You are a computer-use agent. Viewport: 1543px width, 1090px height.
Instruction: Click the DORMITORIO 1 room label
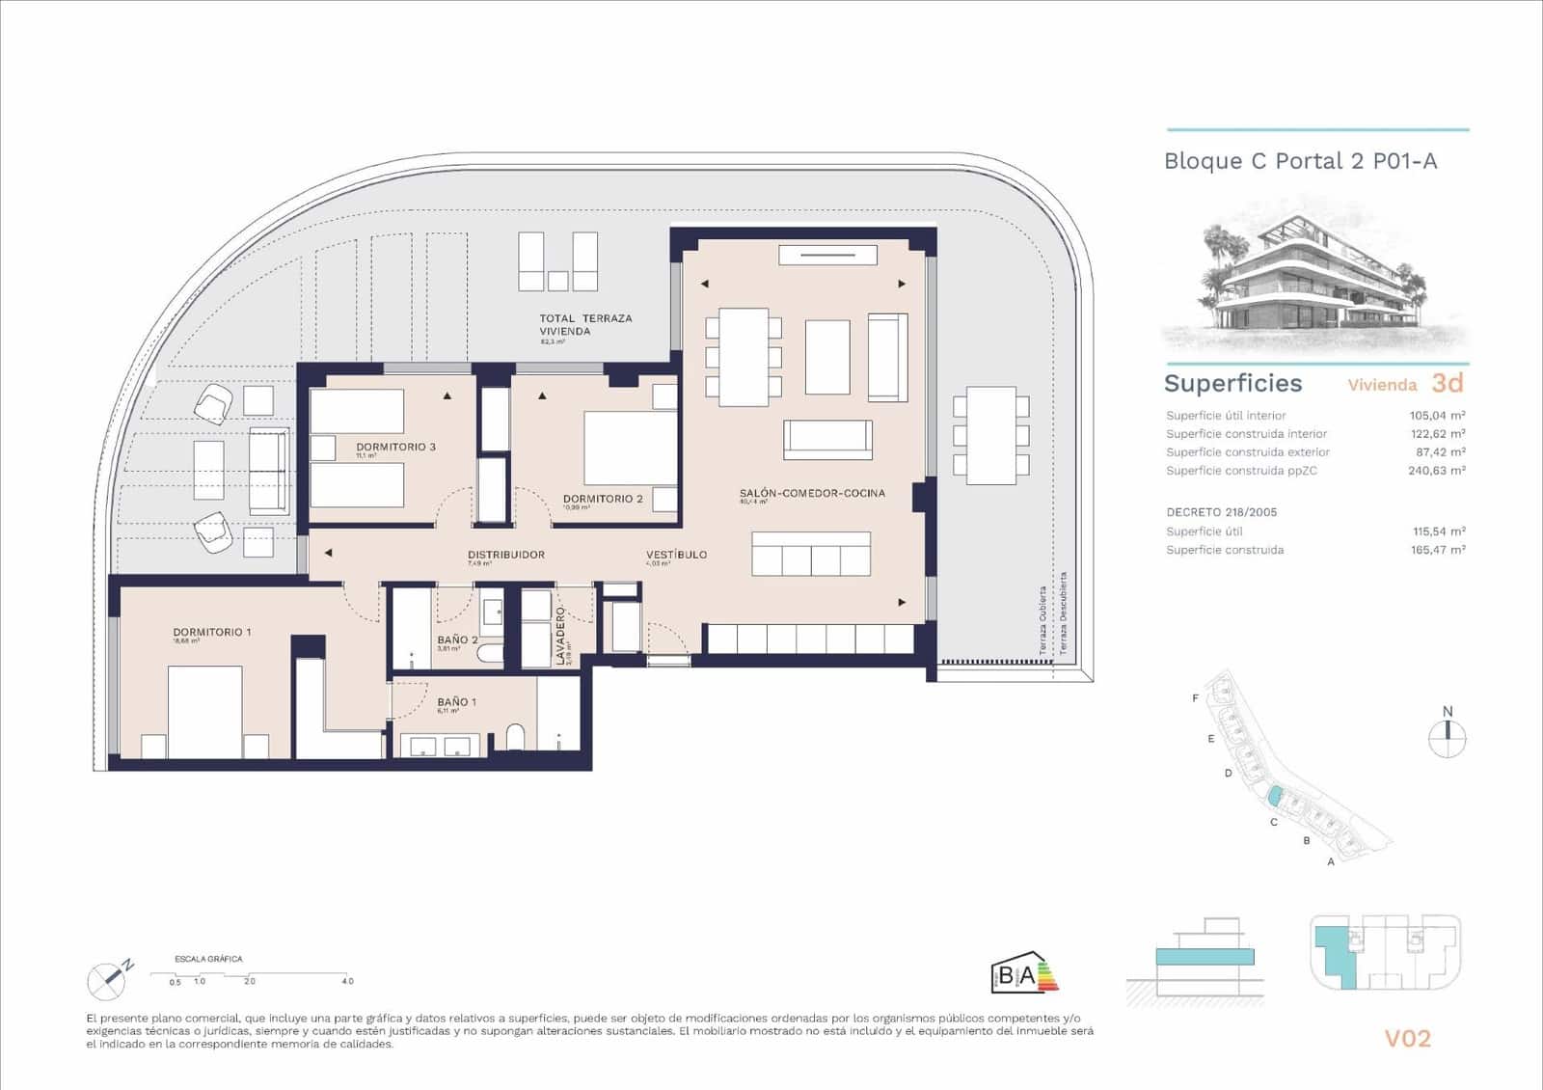(212, 632)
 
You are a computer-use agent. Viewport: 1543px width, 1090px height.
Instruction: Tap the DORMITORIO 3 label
(395, 447)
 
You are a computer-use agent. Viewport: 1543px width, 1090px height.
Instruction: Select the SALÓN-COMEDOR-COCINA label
(812, 493)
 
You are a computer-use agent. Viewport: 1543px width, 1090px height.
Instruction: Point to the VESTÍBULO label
(676, 555)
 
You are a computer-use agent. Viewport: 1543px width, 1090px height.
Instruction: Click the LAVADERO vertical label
(560, 636)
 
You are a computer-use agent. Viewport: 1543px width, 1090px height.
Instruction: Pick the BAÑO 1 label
(456, 702)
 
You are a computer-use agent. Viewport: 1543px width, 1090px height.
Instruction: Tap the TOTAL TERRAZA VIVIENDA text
(585, 324)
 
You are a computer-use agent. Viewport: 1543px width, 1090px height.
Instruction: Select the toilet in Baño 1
(515, 737)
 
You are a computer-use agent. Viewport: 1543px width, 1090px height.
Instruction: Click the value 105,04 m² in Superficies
(1437, 416)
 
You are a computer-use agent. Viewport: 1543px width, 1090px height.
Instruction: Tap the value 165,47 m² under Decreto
(1437, 550)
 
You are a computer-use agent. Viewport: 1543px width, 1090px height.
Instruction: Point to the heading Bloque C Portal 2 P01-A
(1300, 161)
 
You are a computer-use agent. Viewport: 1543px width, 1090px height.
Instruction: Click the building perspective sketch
(1316, 275)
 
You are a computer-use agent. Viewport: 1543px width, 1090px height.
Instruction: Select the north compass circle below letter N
(1447, 740)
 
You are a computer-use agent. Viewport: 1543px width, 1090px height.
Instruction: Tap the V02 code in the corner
(1407, 1039)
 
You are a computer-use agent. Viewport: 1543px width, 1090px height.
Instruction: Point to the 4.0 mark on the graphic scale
(347, 981)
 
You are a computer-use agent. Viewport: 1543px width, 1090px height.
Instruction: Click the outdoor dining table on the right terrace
(990, 435)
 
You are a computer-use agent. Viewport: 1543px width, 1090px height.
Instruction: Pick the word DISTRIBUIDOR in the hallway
(505, 555)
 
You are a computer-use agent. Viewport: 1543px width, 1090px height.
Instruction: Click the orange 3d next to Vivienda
(1447, 383)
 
